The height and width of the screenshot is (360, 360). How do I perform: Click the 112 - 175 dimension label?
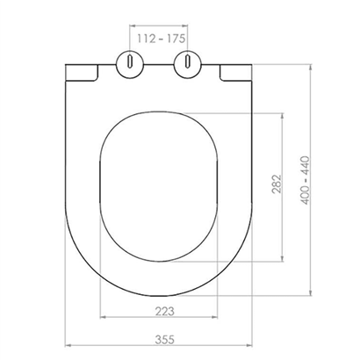162,39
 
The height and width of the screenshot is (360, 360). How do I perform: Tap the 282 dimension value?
277,184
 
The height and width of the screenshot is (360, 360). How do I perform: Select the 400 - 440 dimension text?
305,180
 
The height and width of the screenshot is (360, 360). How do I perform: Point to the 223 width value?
164,312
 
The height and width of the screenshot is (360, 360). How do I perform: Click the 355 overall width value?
164,340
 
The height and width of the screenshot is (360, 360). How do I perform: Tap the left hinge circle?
130,64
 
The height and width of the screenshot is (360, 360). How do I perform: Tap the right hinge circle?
188,64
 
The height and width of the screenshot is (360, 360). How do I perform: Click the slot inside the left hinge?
130,61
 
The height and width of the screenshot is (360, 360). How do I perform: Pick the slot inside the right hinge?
188,61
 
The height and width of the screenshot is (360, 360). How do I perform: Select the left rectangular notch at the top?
82,72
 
